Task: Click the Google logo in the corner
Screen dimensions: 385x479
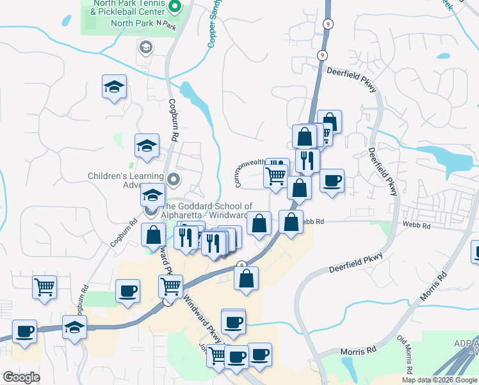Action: tap(21, 377)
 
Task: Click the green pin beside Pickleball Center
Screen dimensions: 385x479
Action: tap(178, 7)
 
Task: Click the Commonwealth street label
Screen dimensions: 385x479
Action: tap(249, 174)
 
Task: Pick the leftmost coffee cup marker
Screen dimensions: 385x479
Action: tap(24, 331)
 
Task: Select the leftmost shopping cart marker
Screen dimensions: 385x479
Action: tap(45, 287)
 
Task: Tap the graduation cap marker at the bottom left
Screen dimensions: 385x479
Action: tap(74, 327)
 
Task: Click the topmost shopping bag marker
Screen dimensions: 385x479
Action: tap(329, 121)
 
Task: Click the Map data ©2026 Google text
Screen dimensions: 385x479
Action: tap(440, 380)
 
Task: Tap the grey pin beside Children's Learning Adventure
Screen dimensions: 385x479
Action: tap(174, 177)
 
